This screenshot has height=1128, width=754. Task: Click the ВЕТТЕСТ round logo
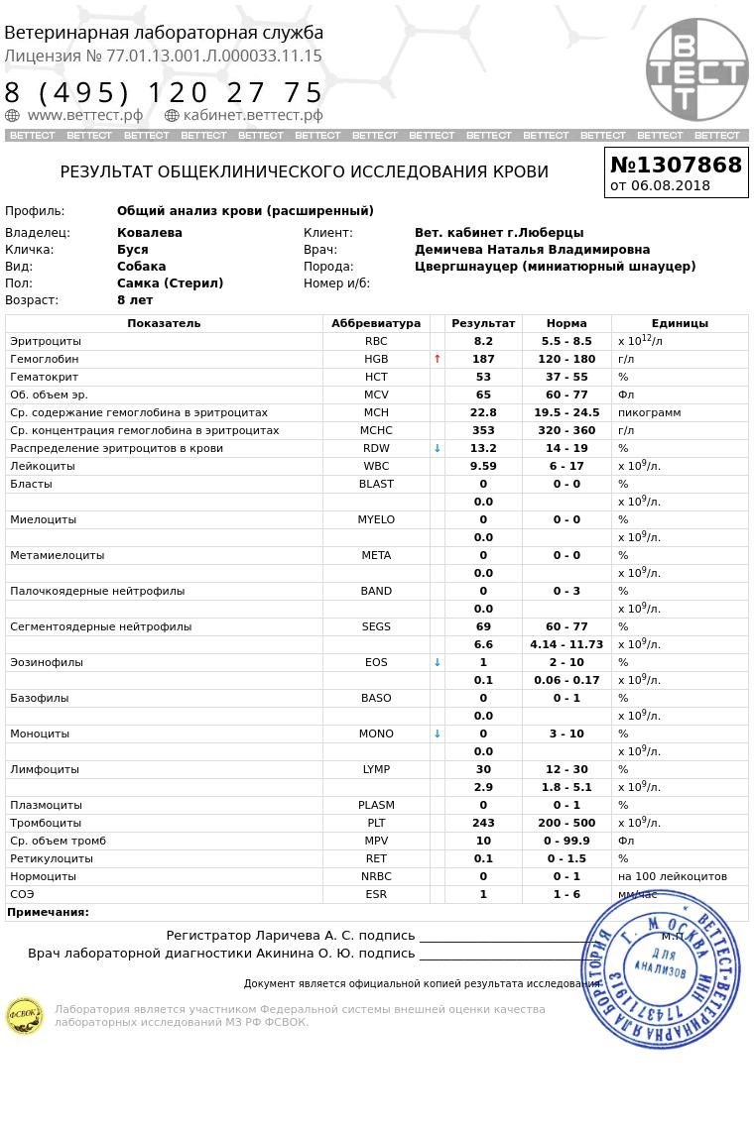pyautogui.click(x=696, y=69)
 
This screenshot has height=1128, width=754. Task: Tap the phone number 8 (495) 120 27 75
pyautogui.click(x=164, y=92)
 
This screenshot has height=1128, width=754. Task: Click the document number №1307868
pyautogui.click(x=676, y=165)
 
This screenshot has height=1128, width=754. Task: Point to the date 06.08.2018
pyautogui.click(x=671, y=185)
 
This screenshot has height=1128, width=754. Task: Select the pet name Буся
pyautogui.click(x=132, y=250)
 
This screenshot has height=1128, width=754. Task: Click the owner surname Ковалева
pyautogui.click(x=150, y=233)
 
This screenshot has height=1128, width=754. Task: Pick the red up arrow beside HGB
pyautogui.click(x=438, y=359)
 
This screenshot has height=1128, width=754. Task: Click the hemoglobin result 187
pyautogui.click(x=483, y=359)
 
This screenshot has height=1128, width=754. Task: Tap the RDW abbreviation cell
pyautogui.click(x=376, y=448)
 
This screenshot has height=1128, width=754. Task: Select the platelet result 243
pyautogui.click(x=483, y=823)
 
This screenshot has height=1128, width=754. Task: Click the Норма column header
pyautogui.click(x=566, y=323)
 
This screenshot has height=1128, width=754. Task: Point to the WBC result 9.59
pyautogui.click(x=483, y=466)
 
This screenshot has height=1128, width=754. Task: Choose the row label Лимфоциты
pyautogui.click(x=45, y=769)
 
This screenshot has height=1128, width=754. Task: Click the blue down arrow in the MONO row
pyautogui.click(x=438, y=733)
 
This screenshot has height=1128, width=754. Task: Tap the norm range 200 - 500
pyautogui.click(x=566, y=823)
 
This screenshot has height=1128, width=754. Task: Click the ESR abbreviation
pyautogui.click(x=376, y=894)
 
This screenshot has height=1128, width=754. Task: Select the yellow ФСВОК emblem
pyautogui.click(x=25, y=1016)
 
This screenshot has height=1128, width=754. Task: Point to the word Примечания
pyautogui.click(x=48, y=912)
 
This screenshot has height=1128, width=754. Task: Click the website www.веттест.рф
pyautogui.click(x=84, y=115)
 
